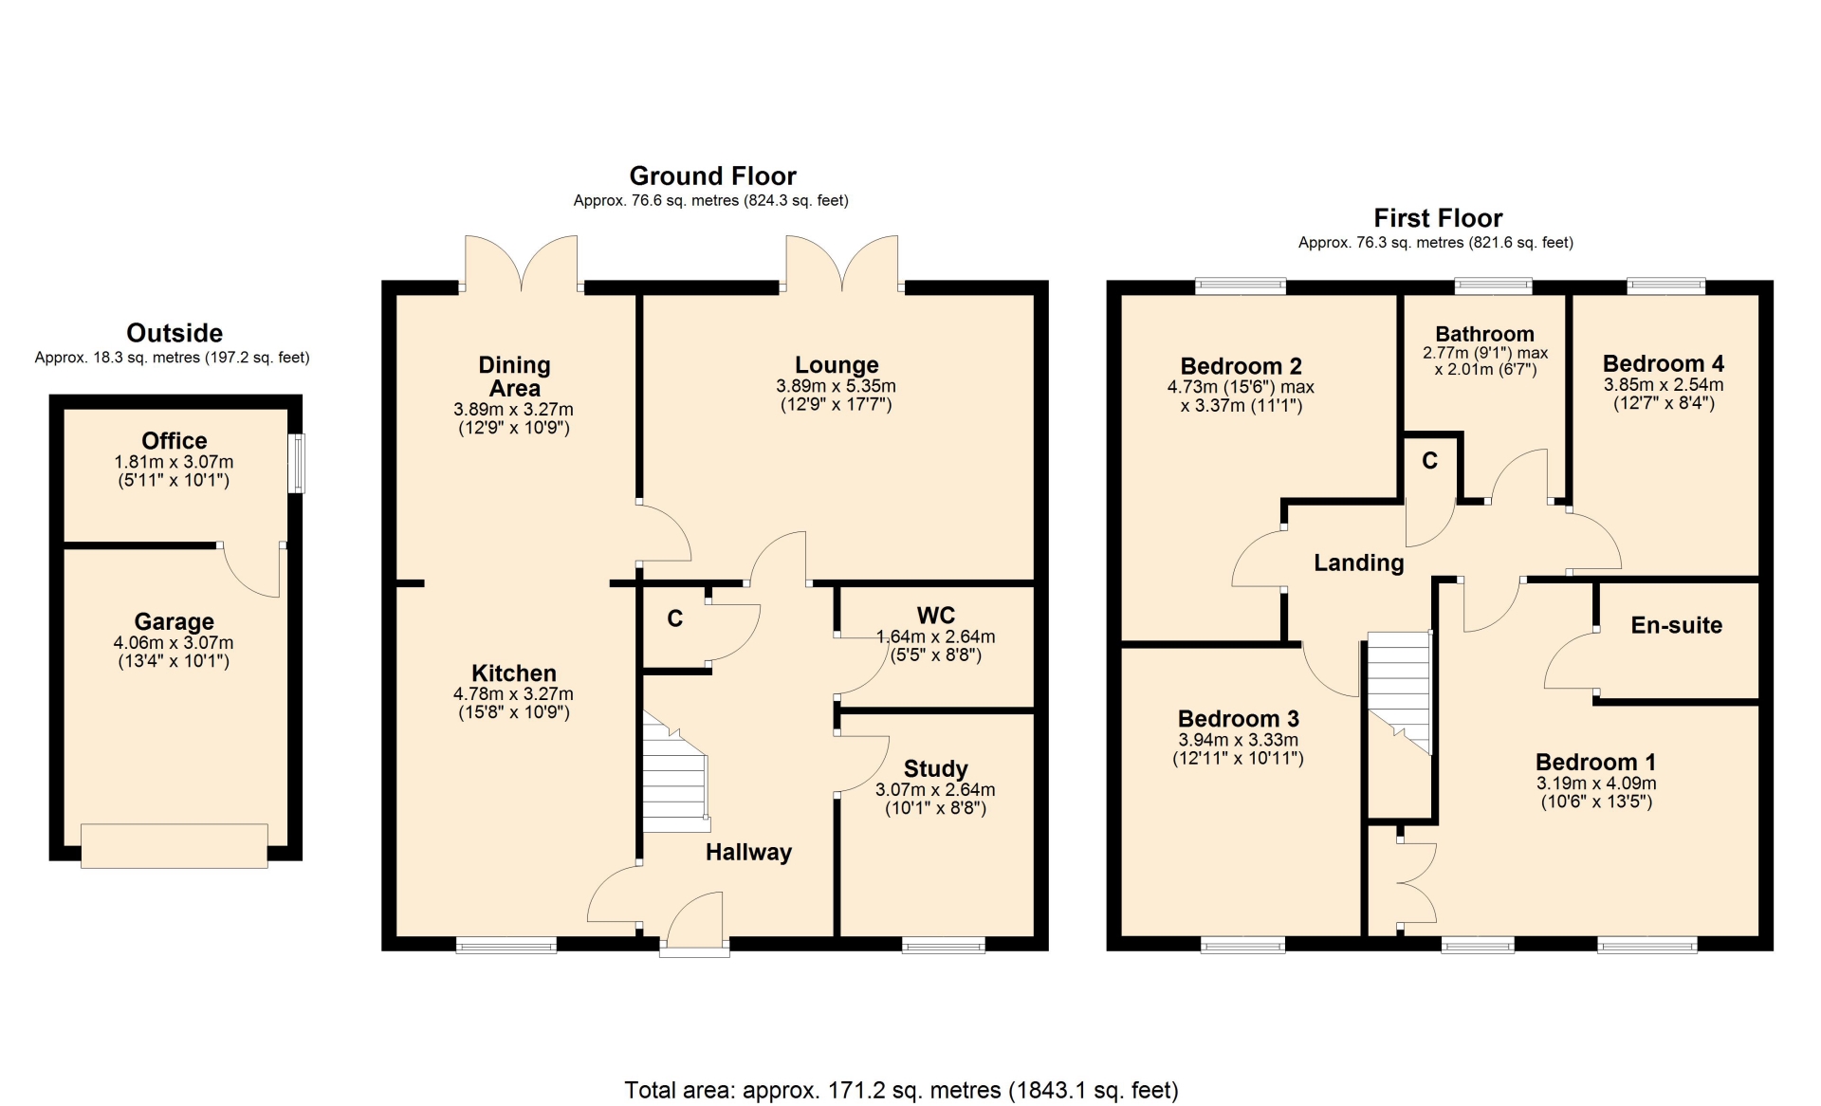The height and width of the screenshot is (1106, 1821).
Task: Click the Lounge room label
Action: [837, 365]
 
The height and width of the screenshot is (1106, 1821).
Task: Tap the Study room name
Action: [935, 768]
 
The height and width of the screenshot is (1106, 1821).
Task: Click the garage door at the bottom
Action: [175, 846]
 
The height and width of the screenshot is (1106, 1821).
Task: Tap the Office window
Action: [297, 464]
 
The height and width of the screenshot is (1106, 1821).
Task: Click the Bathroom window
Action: [1494, 285]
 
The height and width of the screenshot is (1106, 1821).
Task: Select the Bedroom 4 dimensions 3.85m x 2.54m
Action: [1664, 385]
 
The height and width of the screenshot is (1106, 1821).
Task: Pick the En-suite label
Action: [1676, 625]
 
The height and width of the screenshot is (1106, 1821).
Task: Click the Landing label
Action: [1358, 562]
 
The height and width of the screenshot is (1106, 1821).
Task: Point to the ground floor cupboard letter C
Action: [674, 618]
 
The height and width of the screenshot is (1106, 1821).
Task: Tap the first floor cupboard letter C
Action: [1429, 461]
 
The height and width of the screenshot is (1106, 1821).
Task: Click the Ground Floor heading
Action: [712, 175]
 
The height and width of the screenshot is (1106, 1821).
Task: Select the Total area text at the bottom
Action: [901, 1090]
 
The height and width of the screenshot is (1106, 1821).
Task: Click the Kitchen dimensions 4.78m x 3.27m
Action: [513, 694]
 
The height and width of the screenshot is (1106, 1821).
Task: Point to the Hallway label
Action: [748, 852]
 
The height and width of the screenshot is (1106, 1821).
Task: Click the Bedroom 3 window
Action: [1242, 944]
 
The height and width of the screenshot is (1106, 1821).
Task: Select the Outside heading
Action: [175, 333]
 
